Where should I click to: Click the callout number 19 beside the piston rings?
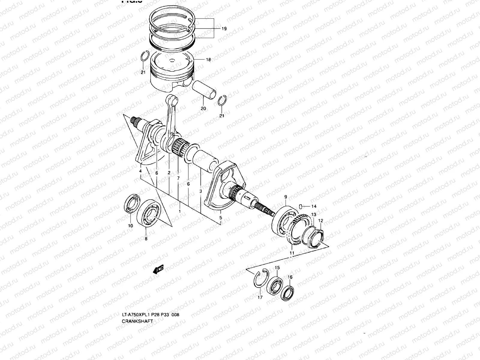point(224,29)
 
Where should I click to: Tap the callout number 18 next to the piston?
point(208,59)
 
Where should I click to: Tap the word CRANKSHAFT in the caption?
point(137,321)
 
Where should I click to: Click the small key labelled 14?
point(302,206)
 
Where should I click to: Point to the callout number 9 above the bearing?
point(286,197)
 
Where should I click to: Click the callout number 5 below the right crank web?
point(220,218)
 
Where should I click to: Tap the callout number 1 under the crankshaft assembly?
point(180,211)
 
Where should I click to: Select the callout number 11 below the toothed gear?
point(292,253)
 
